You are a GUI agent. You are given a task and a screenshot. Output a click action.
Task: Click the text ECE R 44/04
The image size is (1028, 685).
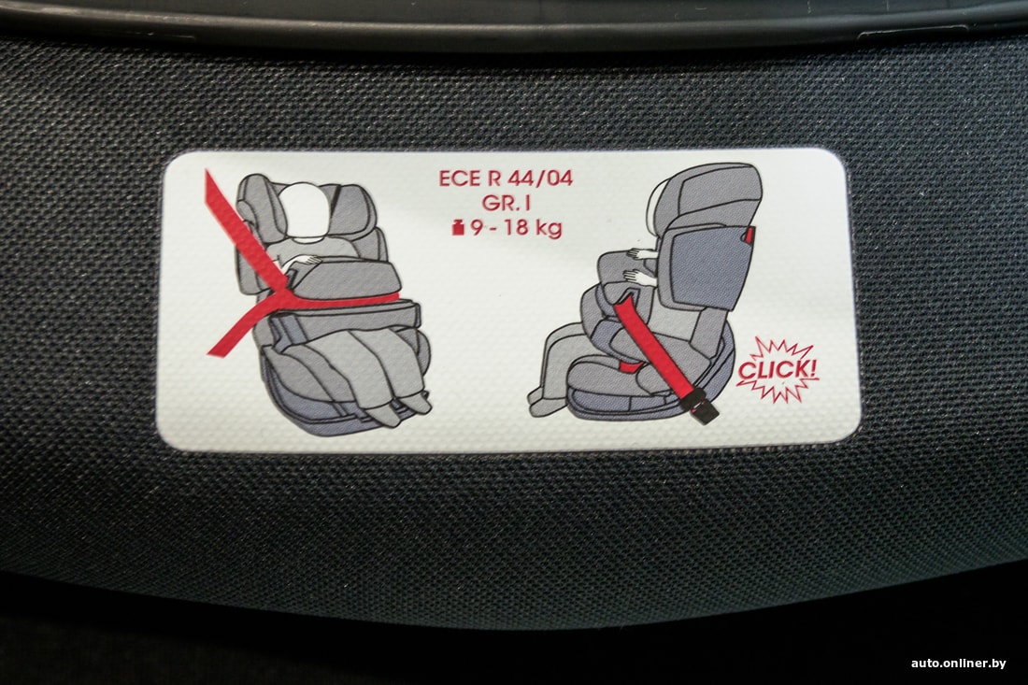[x=506, y=178]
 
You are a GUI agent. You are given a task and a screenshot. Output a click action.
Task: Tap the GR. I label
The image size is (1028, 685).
[x=506, y=203]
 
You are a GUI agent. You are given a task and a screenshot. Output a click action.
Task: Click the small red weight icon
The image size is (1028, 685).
[x=458, y=228]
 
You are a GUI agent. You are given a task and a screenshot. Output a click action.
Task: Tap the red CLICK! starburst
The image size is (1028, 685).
[x=778, y=370]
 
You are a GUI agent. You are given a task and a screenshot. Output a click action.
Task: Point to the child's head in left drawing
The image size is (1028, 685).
[x=306, y=208]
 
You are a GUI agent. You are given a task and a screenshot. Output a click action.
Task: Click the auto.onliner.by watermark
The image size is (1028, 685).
[x=958, y=664]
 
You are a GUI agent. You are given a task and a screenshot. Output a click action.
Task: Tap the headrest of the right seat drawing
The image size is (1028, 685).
[x=713, y=195]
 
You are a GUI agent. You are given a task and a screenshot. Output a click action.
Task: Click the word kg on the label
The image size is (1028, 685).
[x=549, y=229]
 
